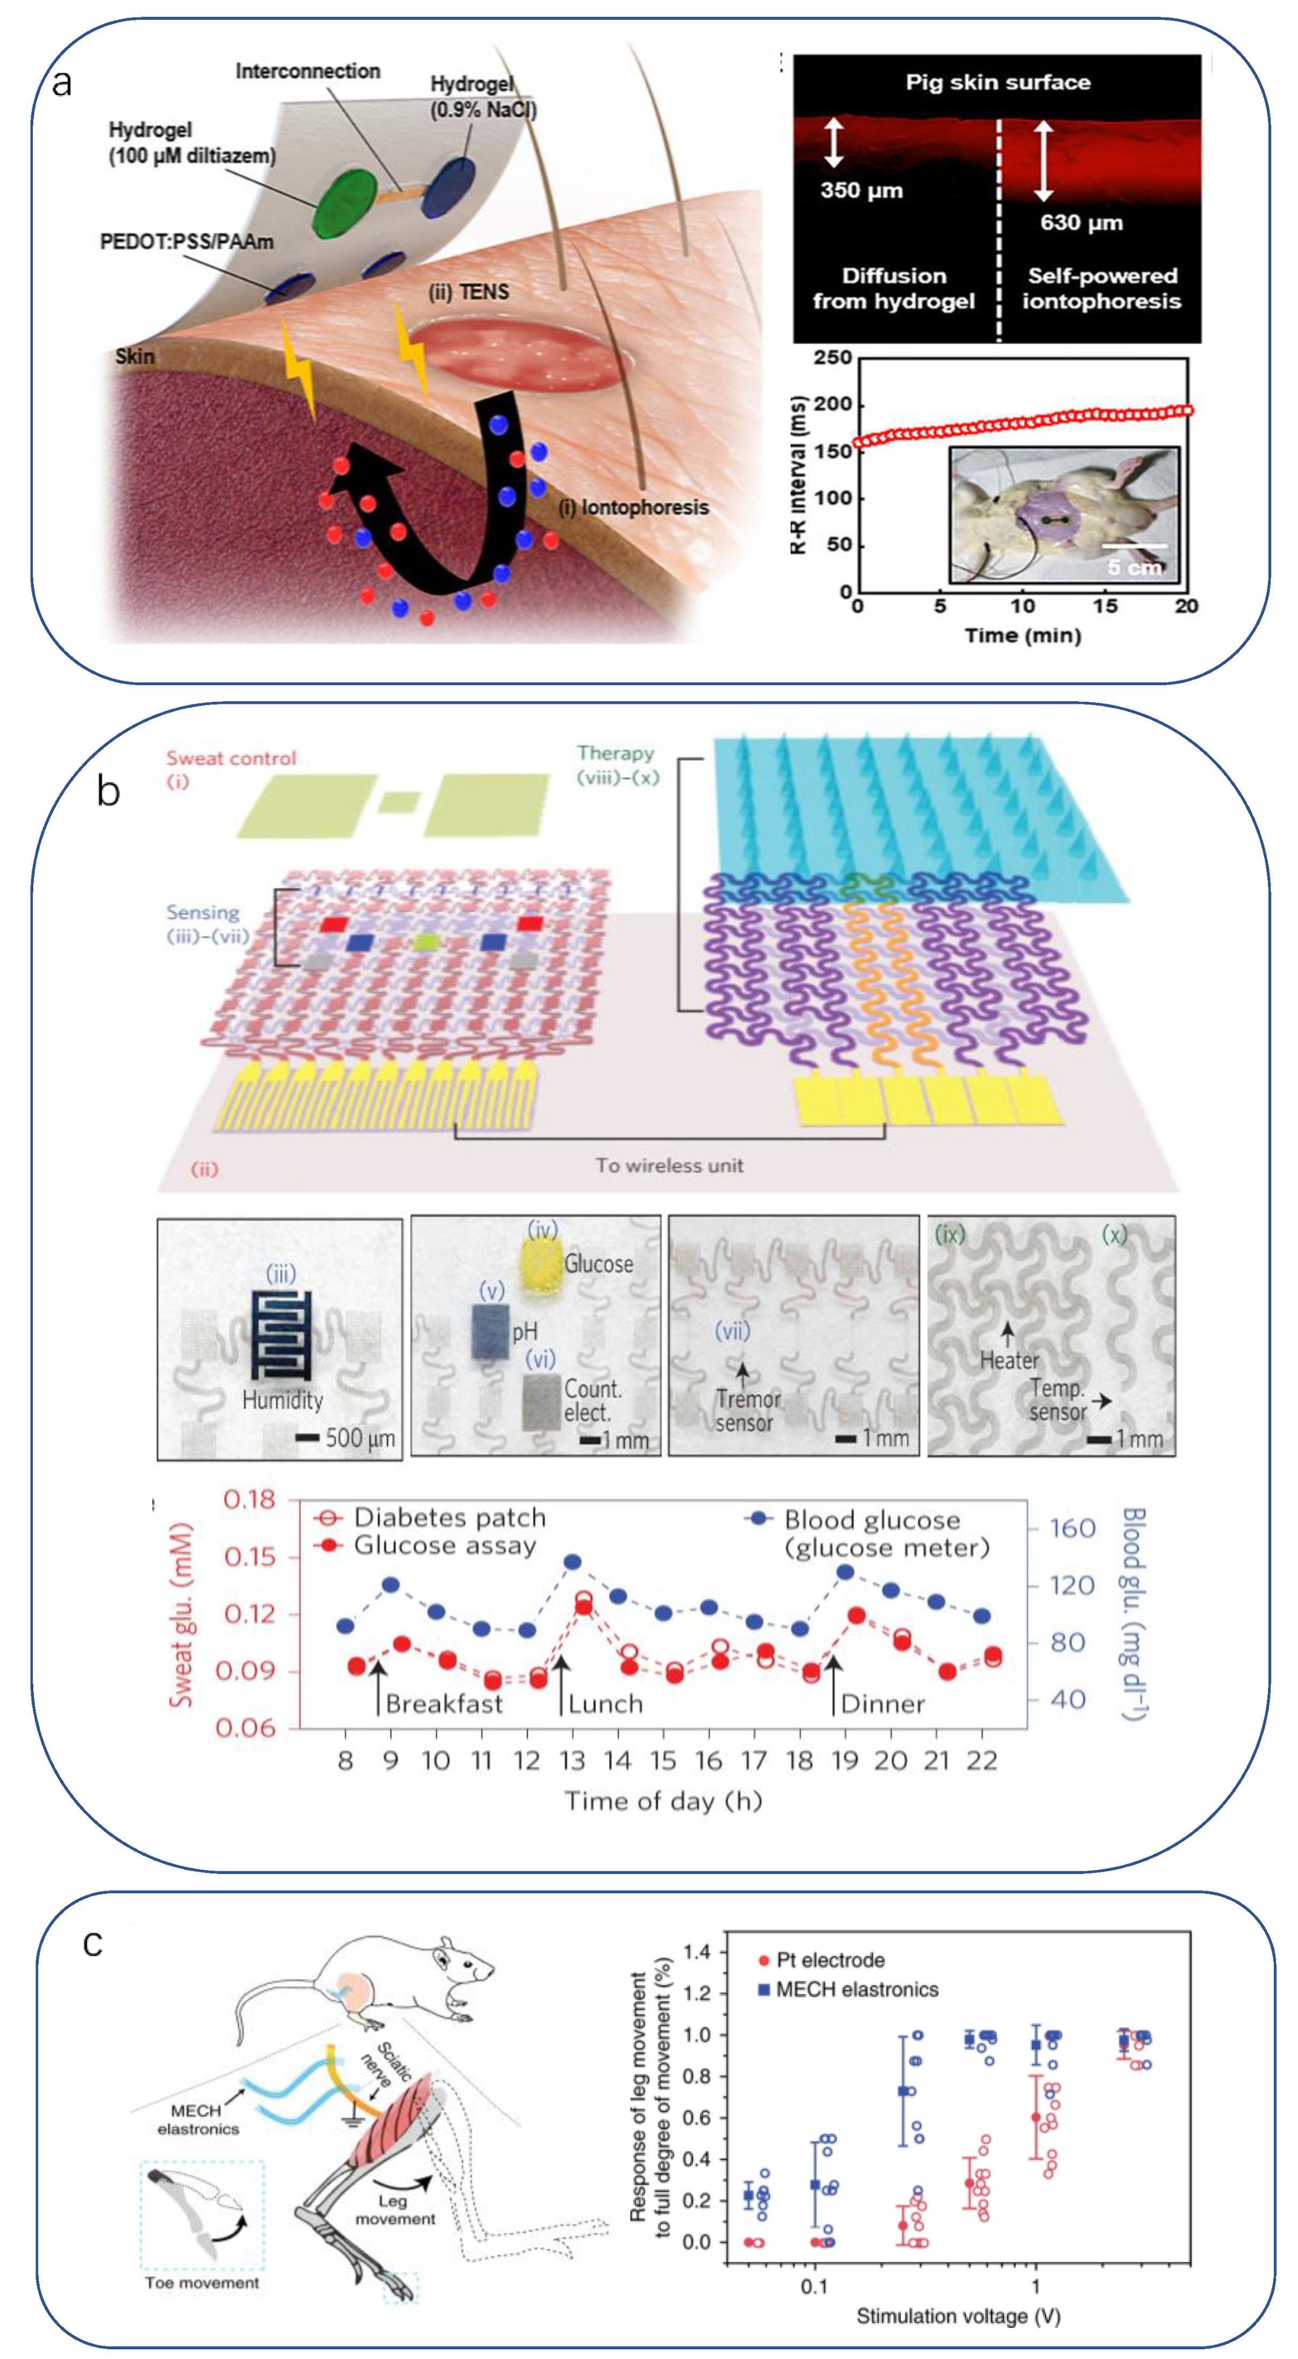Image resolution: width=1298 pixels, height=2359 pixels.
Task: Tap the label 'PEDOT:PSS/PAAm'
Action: click(x=186, y=242)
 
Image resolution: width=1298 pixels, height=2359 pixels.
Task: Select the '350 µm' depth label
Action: click(x=861, y=190)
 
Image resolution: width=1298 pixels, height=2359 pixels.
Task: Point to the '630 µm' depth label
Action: click(x=1081, y=223)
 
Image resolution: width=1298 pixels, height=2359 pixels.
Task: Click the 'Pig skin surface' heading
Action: click(x=997, y=82)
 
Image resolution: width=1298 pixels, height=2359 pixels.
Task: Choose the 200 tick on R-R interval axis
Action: click(x=833, y=404)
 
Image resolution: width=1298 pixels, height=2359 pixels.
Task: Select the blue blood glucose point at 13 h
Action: click(x=572, y=1562)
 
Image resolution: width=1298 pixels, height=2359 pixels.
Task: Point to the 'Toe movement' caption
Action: click(x=202, y=2282)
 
